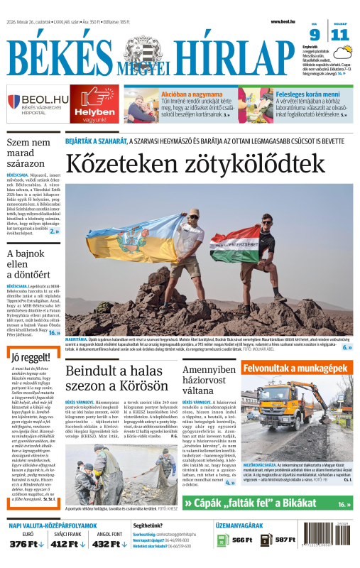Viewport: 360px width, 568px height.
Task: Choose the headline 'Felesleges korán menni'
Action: [x=307, y=93]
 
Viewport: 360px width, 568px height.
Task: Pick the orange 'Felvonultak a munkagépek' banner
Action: [x=297, y=369]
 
